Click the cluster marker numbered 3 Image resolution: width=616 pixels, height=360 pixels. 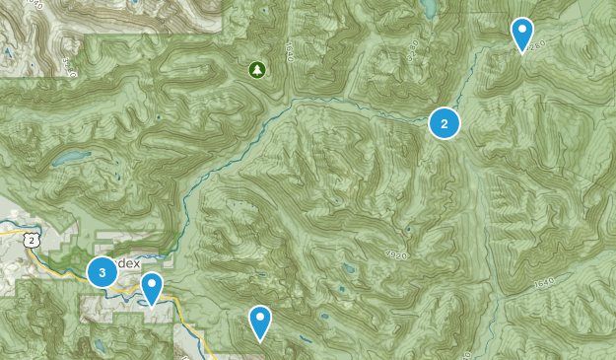point(102,272)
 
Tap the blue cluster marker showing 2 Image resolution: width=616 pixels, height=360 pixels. point(445,123)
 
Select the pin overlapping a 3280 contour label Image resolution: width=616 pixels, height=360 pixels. point(522,34)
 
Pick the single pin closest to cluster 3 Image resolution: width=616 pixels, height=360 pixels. point(152,288)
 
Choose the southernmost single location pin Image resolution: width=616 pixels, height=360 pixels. point(260,321)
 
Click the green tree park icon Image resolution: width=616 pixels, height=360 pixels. point(257,69)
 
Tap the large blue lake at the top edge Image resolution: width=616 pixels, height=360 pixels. point(428,8)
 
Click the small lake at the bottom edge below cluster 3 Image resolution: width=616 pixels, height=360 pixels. point(99,345)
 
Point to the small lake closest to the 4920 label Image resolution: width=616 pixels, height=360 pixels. point(346,268)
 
